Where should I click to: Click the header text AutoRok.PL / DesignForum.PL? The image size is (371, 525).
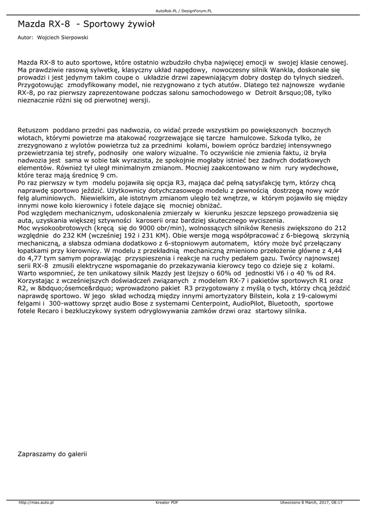coord(185,10)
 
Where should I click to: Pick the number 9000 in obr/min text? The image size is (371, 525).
coord(135,227)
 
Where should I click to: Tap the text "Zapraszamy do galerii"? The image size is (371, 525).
coord(52,453)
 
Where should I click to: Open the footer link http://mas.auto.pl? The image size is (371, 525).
coord(36,502)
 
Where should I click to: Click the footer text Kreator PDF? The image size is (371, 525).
coord(167,502)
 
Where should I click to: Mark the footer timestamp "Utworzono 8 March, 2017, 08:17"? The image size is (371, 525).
coord(311,502)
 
